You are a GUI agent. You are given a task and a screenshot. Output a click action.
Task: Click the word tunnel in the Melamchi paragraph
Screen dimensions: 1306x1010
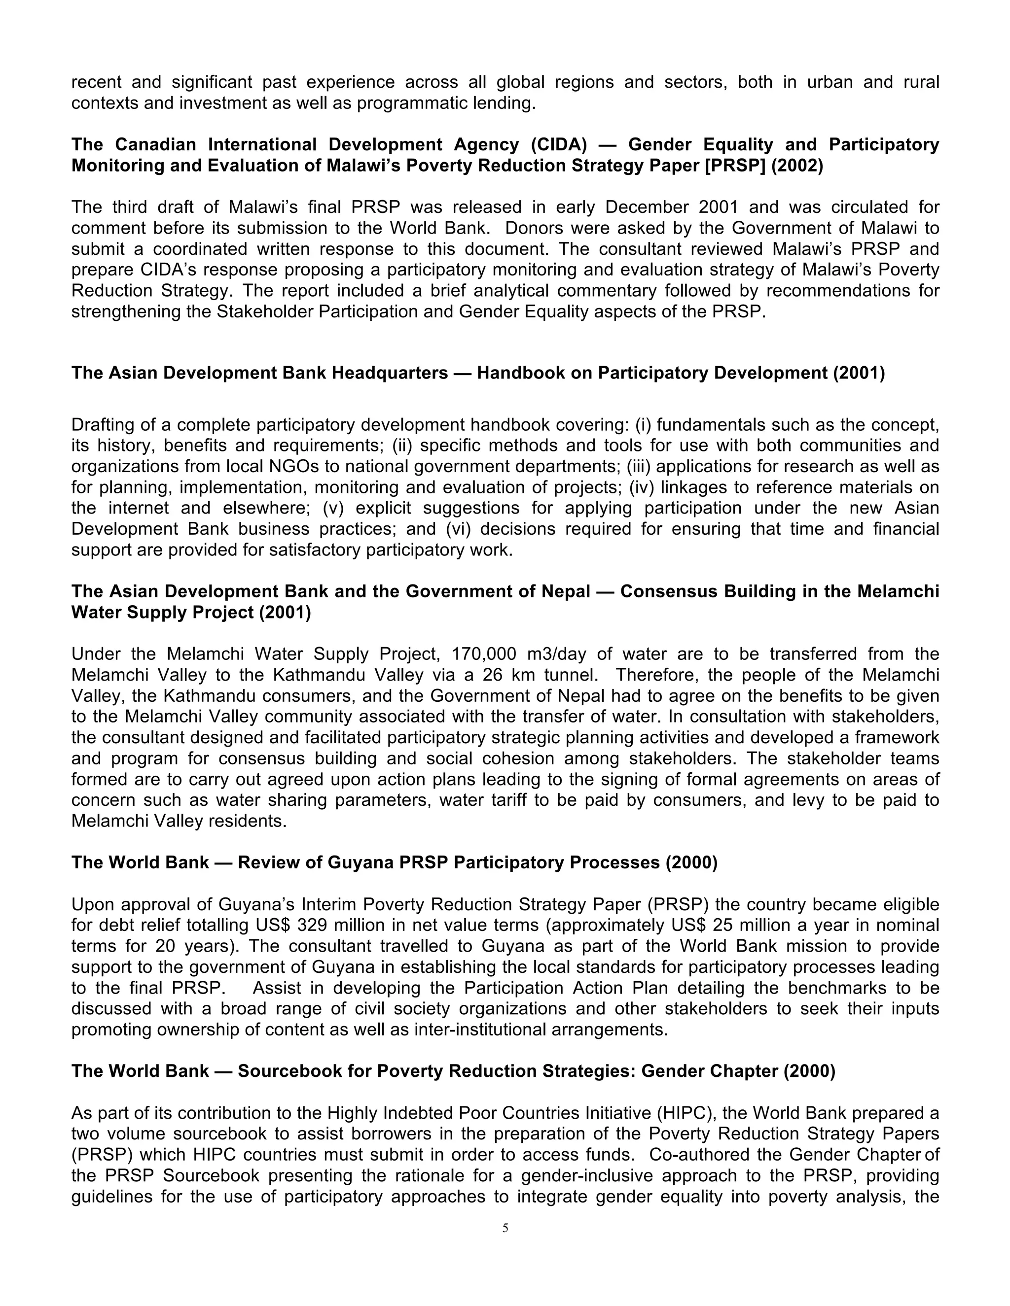pyautogui.click(x=571, y=675)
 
